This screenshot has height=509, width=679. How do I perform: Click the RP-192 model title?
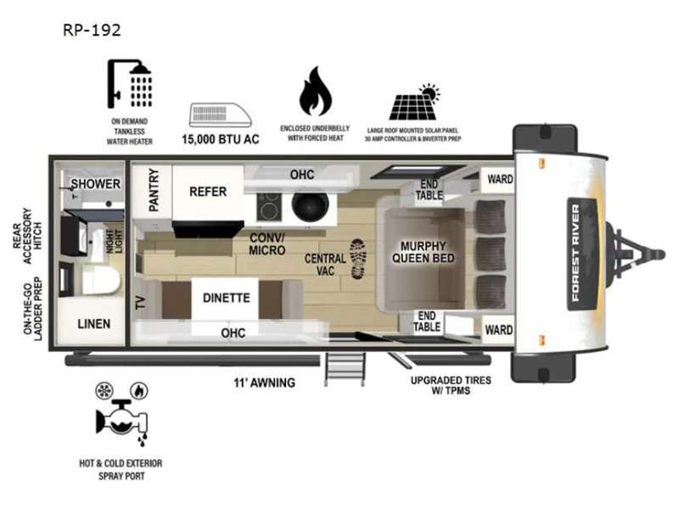[92, 30]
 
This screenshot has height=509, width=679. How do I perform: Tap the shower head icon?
[130, 83]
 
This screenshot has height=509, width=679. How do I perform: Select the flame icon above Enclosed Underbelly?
[315, 92]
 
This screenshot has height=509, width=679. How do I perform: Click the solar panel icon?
[414, 102]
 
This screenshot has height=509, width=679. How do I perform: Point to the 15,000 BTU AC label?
[221, 139]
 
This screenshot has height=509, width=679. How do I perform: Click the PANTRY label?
[154, 190]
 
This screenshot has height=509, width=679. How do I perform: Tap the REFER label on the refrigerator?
[208, 192]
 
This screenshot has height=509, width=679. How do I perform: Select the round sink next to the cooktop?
[310, 205]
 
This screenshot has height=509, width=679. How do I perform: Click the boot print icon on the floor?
[358, 259]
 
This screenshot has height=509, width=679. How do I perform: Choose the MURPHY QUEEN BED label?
[423, 252]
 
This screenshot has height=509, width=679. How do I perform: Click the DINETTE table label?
[227, 298]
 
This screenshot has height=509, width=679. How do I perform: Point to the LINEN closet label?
[94, 324]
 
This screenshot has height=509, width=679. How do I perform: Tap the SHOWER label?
[96, 184]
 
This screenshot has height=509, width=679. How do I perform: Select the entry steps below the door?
[345, 368]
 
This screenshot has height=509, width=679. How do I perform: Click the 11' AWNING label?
[265, 383]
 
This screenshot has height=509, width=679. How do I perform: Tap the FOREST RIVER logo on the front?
[575, 253]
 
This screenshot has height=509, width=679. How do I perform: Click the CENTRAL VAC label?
[325, 265]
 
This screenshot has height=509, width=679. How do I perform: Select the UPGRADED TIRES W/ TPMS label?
[451, 385]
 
